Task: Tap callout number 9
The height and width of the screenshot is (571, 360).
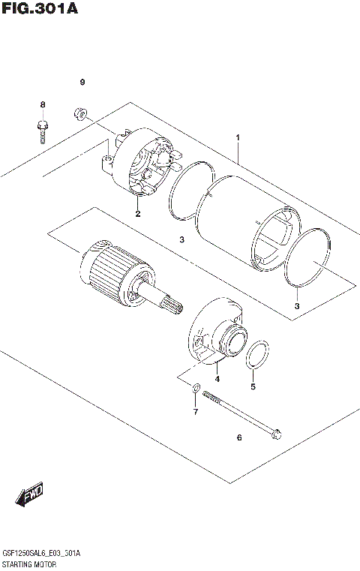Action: point(83,81)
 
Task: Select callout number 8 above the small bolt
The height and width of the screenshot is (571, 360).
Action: point(43,104)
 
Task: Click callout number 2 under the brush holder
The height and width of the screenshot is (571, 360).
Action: point(138,215)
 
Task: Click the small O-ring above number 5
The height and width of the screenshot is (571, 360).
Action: point(257,354)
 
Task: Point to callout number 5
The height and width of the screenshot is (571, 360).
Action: point(253,387)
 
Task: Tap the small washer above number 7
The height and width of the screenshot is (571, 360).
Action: point(194,388)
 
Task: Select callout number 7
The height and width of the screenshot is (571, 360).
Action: point(194,412)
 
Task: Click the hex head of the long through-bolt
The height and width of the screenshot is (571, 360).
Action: point(276,432)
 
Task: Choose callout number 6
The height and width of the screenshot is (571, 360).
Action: point(239,437)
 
